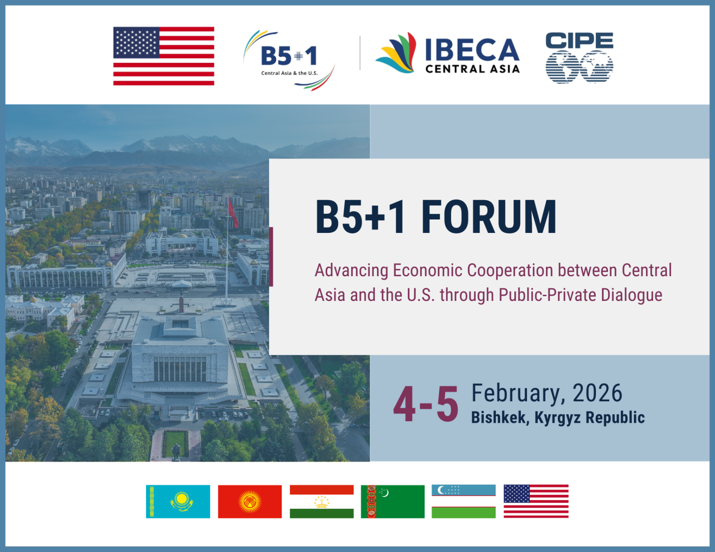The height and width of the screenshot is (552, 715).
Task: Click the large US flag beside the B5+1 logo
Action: tap(163, 56)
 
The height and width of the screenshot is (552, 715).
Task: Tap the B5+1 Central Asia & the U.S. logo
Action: tap(289, 60)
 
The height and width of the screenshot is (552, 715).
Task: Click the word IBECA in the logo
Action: tap(472, 49)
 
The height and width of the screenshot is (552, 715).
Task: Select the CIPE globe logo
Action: tap(579, 58)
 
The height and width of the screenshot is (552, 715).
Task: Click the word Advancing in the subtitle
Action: tap(351, 270)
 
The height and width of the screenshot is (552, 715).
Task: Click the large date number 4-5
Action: tap(425, 405)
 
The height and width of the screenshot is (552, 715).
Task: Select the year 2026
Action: tap(597, 393)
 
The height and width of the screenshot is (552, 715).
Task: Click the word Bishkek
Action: tap(498, 418)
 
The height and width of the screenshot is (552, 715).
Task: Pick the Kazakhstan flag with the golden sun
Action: tap(178, 501)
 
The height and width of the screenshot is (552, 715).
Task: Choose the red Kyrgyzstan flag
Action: tap(250, 501)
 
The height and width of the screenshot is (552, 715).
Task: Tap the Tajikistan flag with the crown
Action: tap(322, 501)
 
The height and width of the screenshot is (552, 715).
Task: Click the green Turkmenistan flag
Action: tap(392, 501)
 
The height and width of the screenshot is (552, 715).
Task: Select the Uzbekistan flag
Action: tap(464, 501)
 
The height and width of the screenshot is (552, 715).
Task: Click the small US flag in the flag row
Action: tap(536, 501)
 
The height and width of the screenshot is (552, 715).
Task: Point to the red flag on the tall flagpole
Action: tap(233, 213)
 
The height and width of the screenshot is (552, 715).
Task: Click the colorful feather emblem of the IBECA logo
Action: tap(397, 53)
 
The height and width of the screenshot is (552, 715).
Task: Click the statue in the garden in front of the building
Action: tap(176, 450)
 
